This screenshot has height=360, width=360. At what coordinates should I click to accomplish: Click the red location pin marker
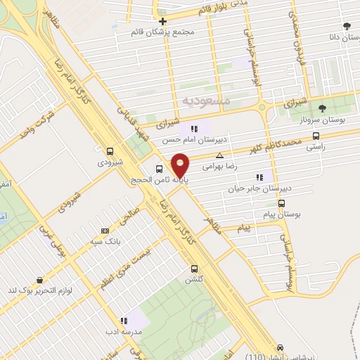point(180,165)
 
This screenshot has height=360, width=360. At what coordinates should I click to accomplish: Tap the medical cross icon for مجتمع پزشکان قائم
point(162,21)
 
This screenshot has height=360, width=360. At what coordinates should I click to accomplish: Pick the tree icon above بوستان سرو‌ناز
point(322,108)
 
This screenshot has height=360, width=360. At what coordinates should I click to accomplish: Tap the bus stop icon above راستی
point(316,136)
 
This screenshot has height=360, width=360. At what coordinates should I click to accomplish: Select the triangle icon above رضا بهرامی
point(220,155)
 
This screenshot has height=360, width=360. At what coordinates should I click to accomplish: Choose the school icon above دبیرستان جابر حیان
point(259,177)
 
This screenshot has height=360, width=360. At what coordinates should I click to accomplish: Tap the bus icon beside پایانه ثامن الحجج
point(160,169)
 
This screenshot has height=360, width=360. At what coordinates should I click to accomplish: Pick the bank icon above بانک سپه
point(105,230)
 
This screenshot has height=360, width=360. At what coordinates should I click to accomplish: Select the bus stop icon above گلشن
point(195,268)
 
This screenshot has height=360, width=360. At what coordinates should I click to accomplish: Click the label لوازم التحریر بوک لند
point(35,290)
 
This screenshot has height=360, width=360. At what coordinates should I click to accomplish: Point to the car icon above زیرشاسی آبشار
point(281,348)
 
